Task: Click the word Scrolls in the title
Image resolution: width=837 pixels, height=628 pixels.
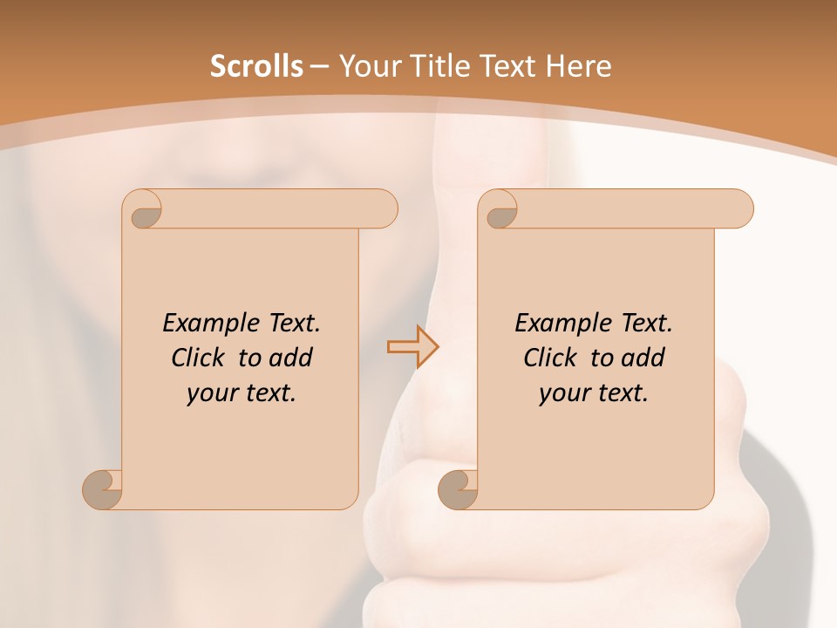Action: [x=256, y=66]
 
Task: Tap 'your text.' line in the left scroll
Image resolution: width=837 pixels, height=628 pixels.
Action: [x=242, y=393]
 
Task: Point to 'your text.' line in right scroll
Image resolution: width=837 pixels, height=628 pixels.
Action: [x=594, y=393]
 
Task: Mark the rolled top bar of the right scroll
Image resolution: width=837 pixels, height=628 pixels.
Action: [x=628, y=209]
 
